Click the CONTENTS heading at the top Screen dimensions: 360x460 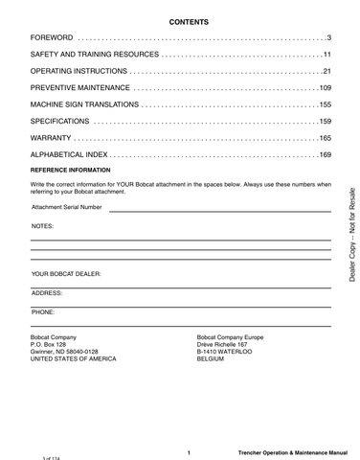click(181, 21)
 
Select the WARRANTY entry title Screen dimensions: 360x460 click(54, 139)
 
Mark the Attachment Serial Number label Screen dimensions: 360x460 click(66, 206)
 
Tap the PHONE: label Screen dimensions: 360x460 click(43, 311)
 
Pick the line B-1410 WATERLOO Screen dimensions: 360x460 click(224, 352)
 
